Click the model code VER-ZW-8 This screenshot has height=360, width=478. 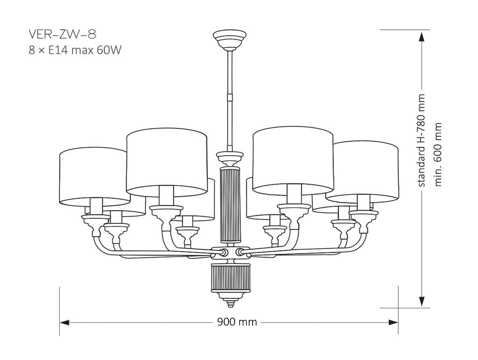[x=62, y=35]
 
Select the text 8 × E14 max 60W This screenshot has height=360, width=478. [x=75, y=51]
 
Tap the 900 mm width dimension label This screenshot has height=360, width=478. [x=237, y=322]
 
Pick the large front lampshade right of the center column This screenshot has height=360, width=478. [x=293, y=159]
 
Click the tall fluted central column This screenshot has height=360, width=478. [x=230, y=205]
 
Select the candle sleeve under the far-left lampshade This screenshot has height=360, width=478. [x=96, y=207]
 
